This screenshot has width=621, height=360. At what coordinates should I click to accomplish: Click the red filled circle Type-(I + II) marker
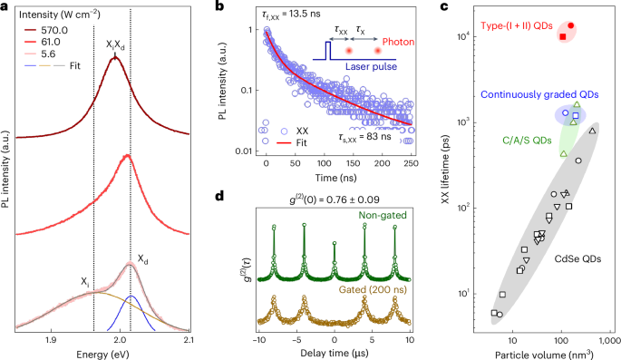(x=571, y=25)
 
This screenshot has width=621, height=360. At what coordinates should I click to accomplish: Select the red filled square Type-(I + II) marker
(x=563, y=37)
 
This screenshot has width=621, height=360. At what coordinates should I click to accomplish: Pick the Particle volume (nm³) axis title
(x=543, y=353)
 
